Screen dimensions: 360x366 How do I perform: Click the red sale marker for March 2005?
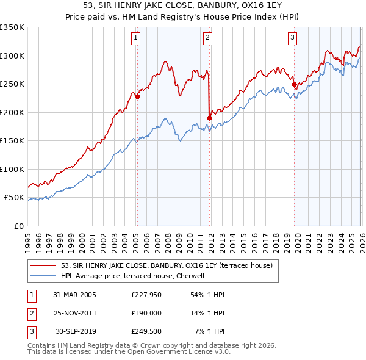click(x=137, y=96)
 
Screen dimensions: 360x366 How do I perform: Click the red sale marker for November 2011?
click(x=209, y=118)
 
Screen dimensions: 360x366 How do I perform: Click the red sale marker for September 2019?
click(x=294, y=84)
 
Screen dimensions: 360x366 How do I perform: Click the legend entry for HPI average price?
click(x=135, y=275)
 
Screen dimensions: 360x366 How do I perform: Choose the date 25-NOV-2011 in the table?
click(x=75, y=313)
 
